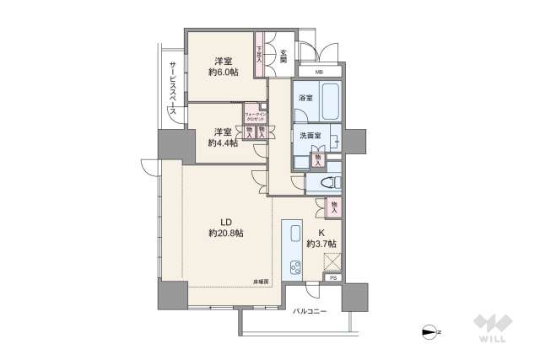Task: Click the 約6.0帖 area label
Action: coord(224,73)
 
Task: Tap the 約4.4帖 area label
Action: coord(223,142)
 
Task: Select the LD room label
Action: coord(226,223)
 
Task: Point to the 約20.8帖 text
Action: coord(226,234)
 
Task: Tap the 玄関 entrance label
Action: coord(284,57)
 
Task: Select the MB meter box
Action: coord(318,73)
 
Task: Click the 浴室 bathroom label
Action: coord(305,98)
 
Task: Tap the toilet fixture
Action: coord(327,181)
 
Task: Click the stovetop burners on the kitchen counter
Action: coord(296,267)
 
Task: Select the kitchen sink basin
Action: coord(295,234)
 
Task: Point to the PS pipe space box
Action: coord(332,278)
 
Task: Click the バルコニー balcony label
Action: coord(310,313)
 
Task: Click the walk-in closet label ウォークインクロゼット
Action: coord(254,116)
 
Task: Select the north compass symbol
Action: coord(434,330)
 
